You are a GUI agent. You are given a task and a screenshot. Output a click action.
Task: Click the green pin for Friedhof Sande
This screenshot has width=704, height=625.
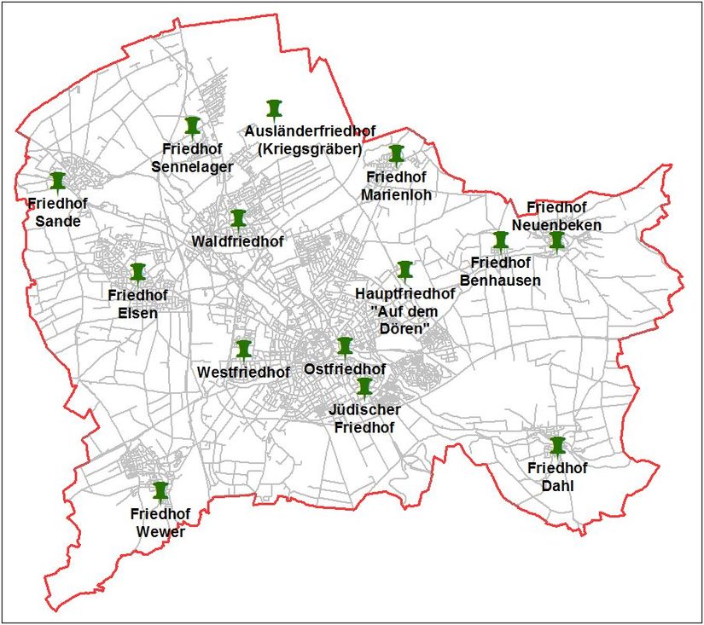(57, 182)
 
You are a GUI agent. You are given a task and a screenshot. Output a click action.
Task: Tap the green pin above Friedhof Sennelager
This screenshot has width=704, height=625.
(192, 127)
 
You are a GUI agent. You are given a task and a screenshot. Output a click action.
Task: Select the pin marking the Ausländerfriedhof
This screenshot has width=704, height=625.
(273, 108)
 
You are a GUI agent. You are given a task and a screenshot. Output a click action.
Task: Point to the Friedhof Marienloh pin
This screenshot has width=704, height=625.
(397, 154)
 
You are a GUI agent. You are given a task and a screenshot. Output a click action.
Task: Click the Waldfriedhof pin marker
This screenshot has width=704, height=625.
(238, 220)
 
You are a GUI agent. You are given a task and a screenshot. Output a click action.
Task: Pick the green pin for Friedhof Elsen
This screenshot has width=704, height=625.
(138, 273)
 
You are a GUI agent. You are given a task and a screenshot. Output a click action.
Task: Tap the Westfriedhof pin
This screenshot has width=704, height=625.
(243, 350)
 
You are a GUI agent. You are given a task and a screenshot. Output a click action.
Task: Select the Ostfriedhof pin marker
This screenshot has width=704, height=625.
(345, 346)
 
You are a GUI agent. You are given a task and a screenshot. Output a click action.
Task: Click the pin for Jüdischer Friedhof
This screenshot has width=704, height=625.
(364, 387)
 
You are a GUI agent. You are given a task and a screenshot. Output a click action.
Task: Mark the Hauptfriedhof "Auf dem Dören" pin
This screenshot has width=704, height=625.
(404, 271)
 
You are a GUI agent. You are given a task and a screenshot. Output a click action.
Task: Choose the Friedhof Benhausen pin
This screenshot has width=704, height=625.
(500, 241)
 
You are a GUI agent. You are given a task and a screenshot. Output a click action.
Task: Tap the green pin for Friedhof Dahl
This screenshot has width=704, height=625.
(557, 446)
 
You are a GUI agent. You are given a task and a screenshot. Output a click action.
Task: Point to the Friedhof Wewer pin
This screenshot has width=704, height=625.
(160, 491)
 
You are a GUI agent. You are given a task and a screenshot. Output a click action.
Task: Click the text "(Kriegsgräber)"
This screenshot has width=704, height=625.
(310, 149)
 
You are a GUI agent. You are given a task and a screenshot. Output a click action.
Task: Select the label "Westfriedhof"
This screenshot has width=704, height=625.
(243, 373)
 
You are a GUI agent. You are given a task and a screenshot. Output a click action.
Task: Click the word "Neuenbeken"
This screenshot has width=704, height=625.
(557, 225)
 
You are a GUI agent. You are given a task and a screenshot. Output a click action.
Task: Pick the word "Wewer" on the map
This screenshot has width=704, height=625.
(160, 533)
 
